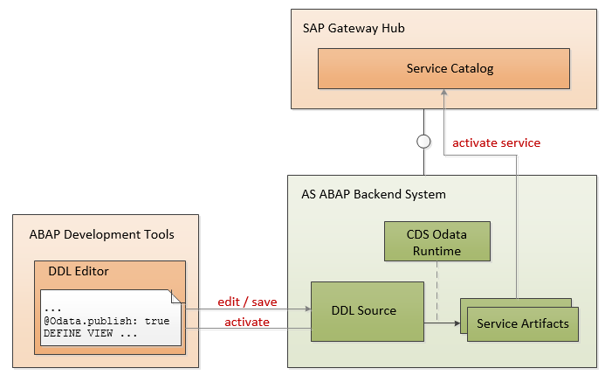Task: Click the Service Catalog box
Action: pos(443,68)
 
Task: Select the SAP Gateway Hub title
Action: pos(354,29)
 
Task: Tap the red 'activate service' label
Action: pos(496,142)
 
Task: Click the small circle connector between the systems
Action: pos(423,141)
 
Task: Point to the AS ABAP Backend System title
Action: pos(367,193)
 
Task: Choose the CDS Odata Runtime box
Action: pos(437,241)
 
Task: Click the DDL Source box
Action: pos(364,310)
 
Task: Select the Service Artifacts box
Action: pos(523,323)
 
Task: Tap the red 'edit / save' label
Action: pos(246,302)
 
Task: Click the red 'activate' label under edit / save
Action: pos(247,322)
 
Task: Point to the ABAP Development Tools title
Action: pos(101,234)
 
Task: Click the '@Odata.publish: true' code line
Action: pos(107,321)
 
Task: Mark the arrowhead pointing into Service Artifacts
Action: pos(456,323)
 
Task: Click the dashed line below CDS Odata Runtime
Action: pos(437,280)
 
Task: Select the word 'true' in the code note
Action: pos(157,321)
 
